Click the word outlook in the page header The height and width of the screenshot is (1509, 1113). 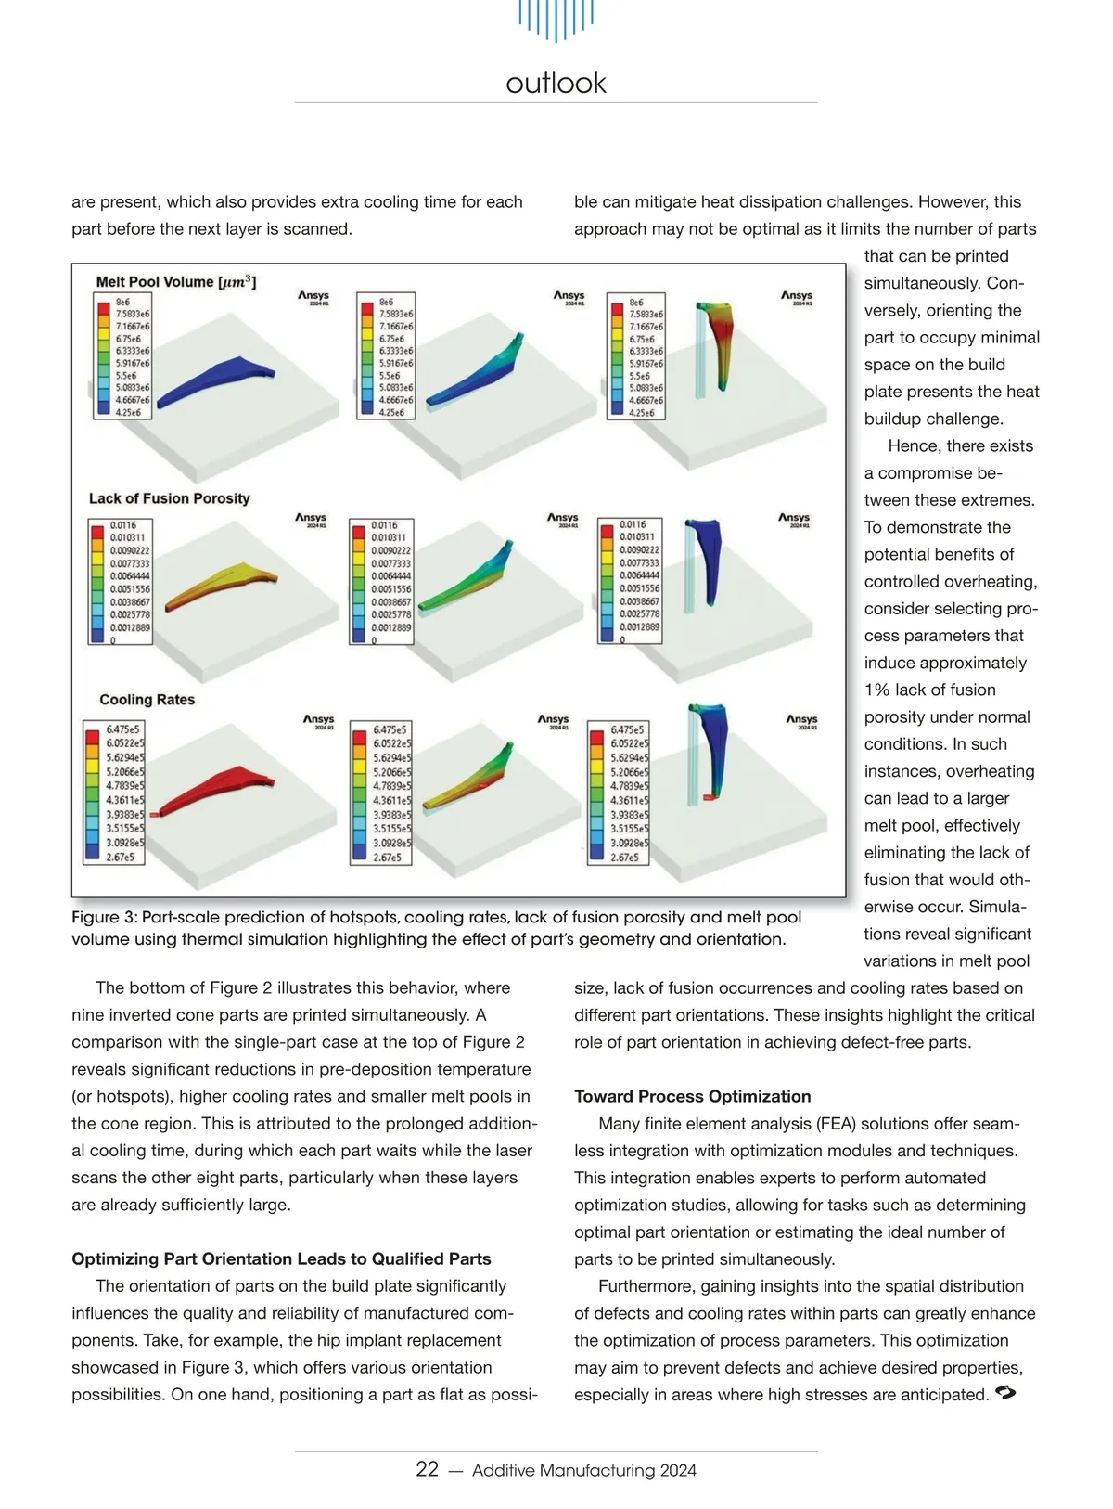(556, 84)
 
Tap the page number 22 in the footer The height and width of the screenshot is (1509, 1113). (427, 1468)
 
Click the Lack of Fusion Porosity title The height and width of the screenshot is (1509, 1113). (170, 498)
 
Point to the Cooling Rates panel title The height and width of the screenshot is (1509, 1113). (147, 700)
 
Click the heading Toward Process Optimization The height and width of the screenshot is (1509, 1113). (692, 1096)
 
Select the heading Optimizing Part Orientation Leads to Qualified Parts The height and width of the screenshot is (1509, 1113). (281, 1258)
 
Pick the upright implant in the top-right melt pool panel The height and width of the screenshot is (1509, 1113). (715, 339)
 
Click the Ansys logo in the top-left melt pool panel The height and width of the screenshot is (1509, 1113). (313, 296)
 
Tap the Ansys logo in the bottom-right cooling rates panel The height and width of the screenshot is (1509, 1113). (801, 720)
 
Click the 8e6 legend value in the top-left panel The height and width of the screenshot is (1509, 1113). (122, 303)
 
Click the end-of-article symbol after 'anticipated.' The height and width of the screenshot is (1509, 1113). (1004, 1393)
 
